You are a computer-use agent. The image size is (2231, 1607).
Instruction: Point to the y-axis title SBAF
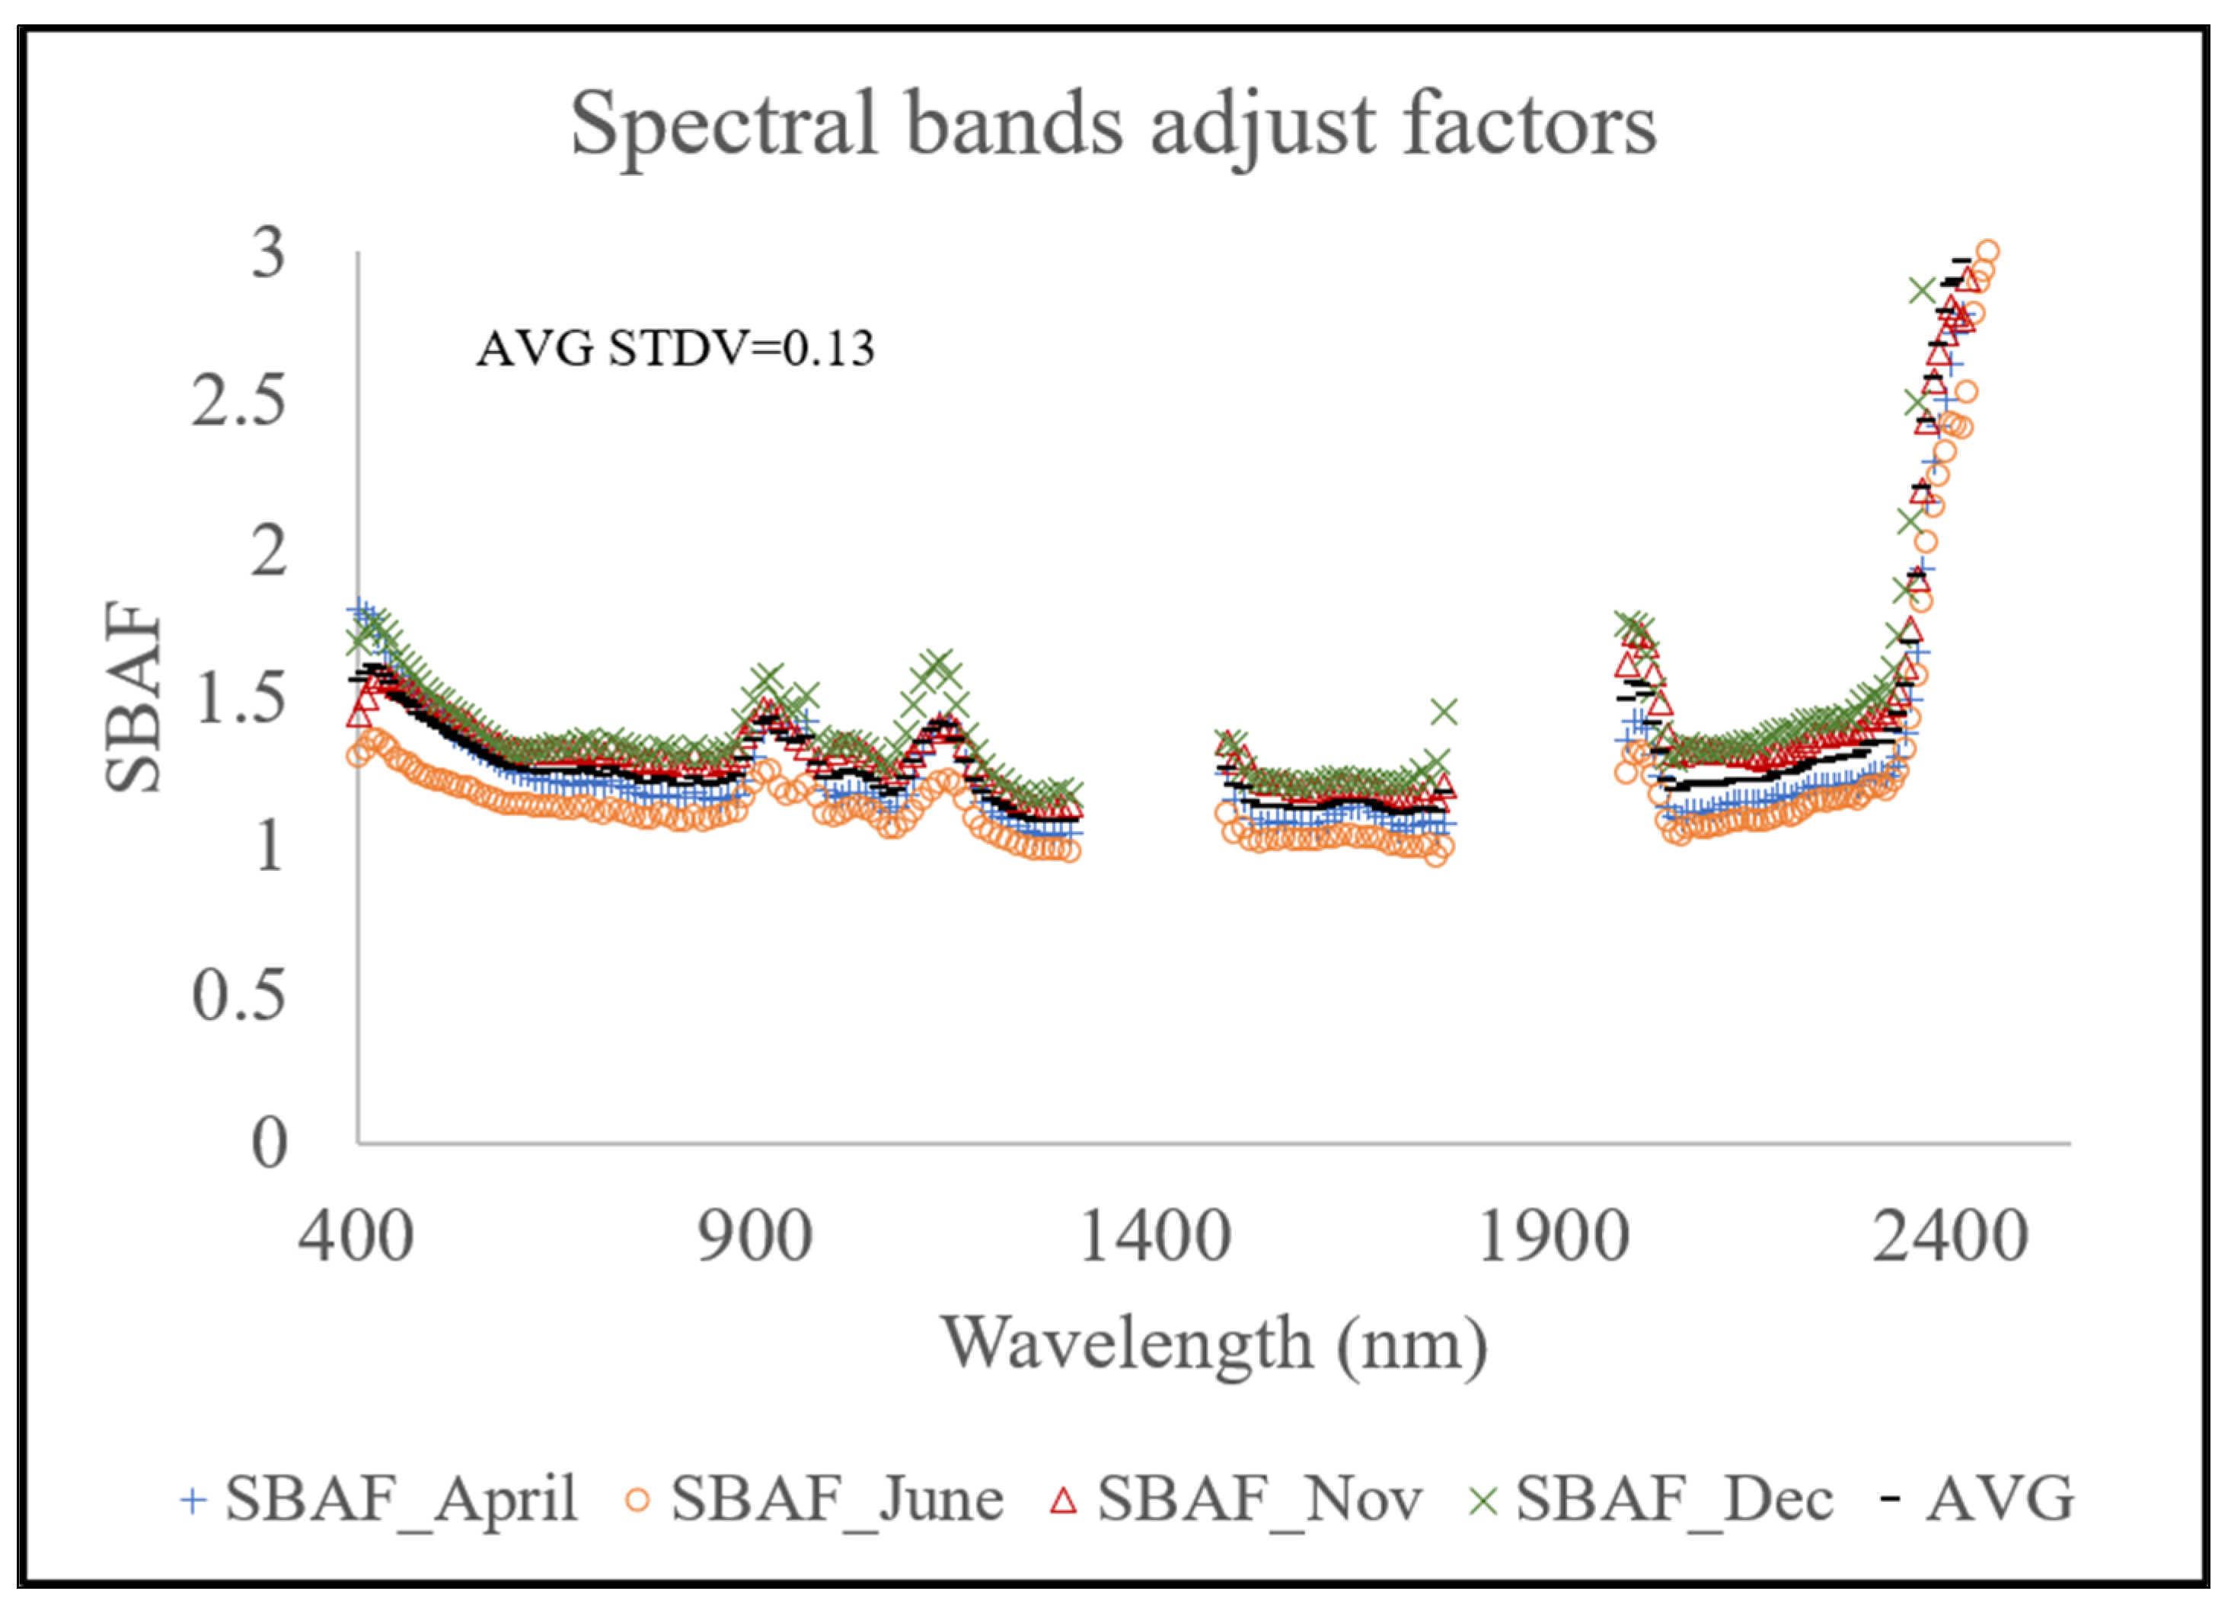coord(132,697)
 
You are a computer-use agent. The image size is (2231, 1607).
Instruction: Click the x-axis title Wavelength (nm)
coord(1214,1344)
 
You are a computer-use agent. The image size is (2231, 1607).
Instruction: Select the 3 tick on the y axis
coord(267,253)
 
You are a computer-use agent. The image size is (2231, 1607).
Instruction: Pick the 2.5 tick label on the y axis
coord(239,401)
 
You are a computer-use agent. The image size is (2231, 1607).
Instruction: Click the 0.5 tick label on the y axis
coord(239,995)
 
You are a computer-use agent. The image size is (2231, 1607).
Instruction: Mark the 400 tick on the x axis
coord(356,1236)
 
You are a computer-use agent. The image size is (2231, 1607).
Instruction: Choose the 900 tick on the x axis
coord(755,1236)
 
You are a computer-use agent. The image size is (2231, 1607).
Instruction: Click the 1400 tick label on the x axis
coord(1155,1236)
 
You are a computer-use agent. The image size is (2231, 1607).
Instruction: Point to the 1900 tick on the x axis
coord(1553,1236)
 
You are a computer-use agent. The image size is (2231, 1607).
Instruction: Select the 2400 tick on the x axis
coord(1952,1236)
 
